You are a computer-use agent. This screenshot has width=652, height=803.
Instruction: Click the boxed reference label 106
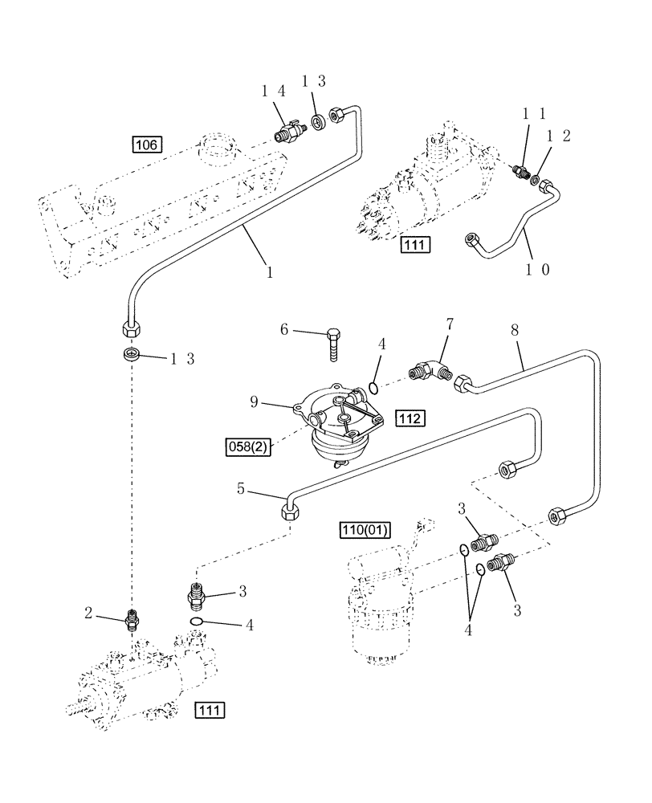(x=148, y=145)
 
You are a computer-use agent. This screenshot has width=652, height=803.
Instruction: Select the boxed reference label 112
(x=410, y=418)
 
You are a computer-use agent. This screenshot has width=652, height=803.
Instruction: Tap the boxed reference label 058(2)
(x=248, y=446)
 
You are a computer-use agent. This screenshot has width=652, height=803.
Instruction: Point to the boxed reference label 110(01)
(x=365, y=529)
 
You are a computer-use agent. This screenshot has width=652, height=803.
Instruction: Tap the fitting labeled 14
(x=288, y=129)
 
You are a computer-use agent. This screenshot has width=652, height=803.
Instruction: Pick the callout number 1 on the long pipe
(x=270, y=272)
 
